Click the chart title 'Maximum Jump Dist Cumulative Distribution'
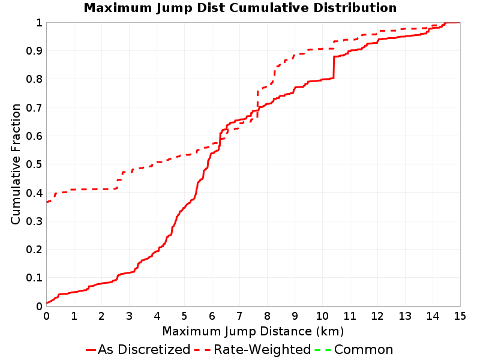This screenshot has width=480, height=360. point(241,8)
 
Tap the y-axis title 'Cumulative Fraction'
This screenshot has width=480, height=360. point(16,164)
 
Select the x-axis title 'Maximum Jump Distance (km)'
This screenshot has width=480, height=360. point(253,331)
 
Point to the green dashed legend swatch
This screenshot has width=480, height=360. point(323,350)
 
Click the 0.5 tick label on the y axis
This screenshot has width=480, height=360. point(34,164)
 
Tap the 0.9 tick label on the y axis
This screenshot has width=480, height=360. point(34,51)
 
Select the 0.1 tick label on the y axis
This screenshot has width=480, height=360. point(34,278)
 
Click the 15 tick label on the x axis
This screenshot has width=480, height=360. point(460,316)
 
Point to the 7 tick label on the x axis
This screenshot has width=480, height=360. point(239,316)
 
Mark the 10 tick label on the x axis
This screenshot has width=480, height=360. point(322,316)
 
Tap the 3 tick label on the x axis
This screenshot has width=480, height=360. point(129,316)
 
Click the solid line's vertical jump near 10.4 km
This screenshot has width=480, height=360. point(334,67)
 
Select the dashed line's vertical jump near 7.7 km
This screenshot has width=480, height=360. point(257,104)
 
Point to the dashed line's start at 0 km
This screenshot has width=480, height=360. point(47,202)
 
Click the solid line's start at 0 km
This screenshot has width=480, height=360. point(47,303)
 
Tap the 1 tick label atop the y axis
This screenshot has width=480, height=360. point(39,23)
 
